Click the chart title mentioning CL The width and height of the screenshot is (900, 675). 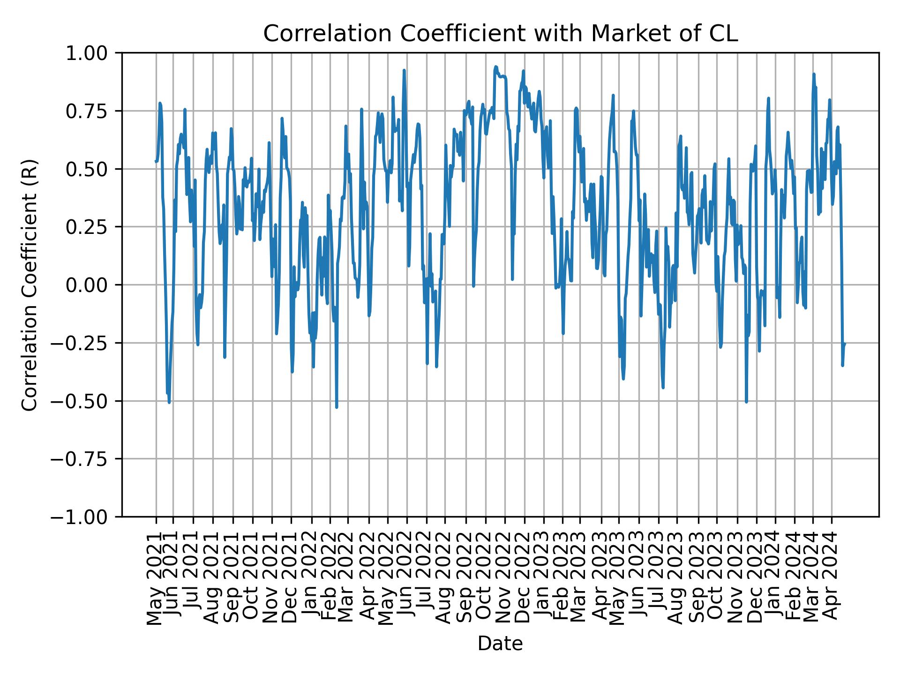click(x=500, y=34)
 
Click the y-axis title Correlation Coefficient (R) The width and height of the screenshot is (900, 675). click(x=30, y=285)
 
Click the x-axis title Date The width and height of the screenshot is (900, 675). click(x=500, y=644)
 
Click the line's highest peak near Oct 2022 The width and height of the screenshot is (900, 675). click(x=495, y=67)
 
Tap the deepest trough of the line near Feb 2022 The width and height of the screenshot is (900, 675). click(x=337, y=407)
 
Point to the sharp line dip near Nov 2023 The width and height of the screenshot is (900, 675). click(x=746, y=402)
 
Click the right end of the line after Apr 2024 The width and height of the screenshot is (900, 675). click(x=845, y=344)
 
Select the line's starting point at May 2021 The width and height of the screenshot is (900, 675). click(x=156, y=161)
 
